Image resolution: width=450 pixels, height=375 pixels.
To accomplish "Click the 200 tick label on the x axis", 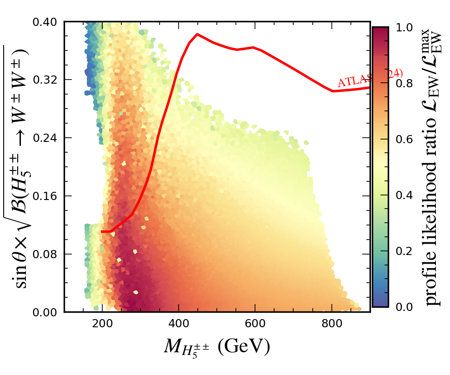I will click(102, 324).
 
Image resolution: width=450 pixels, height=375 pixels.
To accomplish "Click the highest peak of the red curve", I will click(197, 34).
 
